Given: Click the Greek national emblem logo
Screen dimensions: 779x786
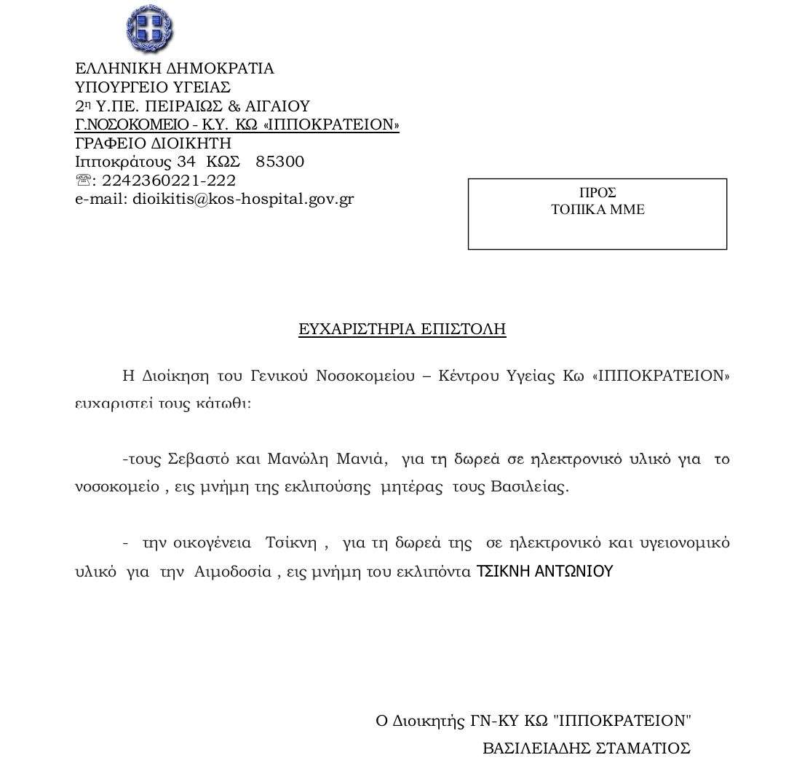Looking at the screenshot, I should point(149,28).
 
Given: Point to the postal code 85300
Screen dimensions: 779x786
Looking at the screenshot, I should point(280,162).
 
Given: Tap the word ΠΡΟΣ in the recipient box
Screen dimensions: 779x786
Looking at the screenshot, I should point(598,193).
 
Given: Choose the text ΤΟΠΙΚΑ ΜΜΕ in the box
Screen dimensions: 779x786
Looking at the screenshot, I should point(598,210).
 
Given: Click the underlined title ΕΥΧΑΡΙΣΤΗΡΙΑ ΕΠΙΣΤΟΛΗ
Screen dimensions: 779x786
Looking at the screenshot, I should point(402,330).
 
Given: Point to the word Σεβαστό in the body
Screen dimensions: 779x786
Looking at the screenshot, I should point(199,459).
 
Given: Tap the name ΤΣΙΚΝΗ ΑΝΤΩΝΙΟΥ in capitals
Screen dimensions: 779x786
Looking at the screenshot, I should point(544,572).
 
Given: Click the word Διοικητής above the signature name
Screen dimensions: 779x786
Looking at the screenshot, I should point(429,721).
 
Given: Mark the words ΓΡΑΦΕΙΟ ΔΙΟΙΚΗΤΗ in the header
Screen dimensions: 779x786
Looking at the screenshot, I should point(153,143).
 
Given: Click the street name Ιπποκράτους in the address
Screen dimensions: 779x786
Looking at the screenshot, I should point(124,162).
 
